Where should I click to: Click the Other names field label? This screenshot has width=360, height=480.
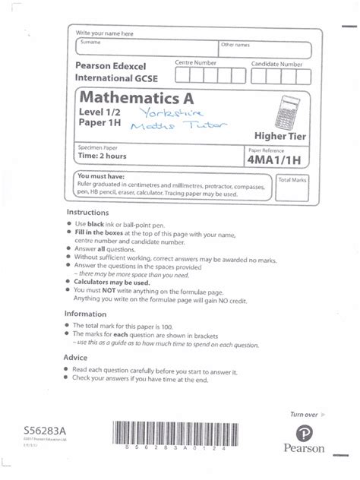[x=235, y=45]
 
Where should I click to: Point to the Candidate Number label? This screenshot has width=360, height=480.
[x=277, y=63]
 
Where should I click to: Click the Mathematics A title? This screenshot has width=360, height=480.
[x=137, y=98]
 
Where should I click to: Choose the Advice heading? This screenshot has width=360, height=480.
[x=79, y=356]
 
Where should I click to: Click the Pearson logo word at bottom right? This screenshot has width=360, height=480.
[x=305, y=448]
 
